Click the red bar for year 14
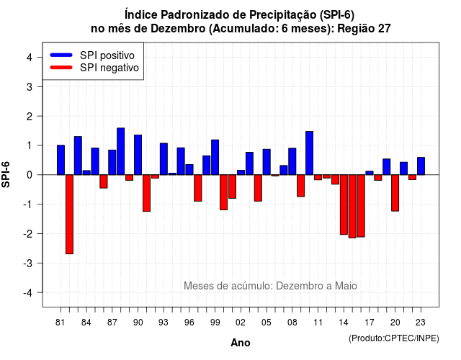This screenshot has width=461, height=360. pyautogui.click(x=344, y=204)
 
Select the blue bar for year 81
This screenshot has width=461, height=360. pyautogui.click(x=61, y=160)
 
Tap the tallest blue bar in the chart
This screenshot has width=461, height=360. pyautogui.click(x=121, y=151)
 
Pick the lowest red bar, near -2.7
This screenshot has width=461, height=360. pyautogui.click(x=69, y=215)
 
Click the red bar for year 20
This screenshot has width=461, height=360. pyautogui.click(x=395, y=193)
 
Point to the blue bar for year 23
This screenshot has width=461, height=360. pyautogui.click(x=421, y=166)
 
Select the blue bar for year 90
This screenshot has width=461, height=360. pyautogui.click(x=138, y=155)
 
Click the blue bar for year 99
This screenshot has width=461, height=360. pyautogui.click(x=215, y=157)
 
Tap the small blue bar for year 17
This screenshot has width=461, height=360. pyautogui.click(x=370, y=173)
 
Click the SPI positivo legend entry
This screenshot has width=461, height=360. pyautogui.click(x=92, y=55)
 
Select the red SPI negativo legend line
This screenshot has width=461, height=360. pyautogui.click(x=61, y=68)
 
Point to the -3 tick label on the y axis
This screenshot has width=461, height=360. pyautogui.click(x=28, y=263)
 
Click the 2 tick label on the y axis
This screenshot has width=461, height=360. pyautogui.click(x=30, y=117)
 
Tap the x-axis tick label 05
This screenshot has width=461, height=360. pyautogui.click(x=267, y=323)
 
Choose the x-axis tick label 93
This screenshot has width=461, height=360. pyautogui.click(x=164, y=323)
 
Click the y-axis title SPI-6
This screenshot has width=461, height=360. pyautogui.click(x=6, y=174)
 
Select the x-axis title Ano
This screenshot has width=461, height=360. pyautogui.click(x=241, y=343)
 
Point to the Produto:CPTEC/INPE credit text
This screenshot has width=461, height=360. pyautogui.click(x=394, y=338)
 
